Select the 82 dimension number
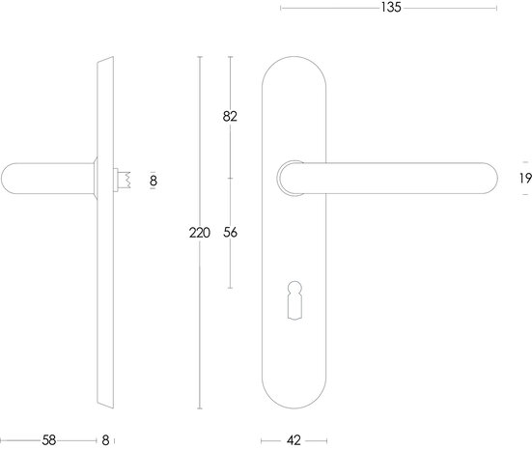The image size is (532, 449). coord(230,117)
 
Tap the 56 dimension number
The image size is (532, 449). coord(230,233)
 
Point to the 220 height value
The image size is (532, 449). coord(199,233)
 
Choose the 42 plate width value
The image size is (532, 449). coord(294,440)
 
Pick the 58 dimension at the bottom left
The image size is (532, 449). coord(49,440)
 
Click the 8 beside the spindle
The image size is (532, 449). coord(153,179)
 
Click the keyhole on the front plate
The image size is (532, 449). coord(294,299)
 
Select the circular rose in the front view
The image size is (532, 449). coord(287,178)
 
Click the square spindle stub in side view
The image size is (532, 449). coord(123,179)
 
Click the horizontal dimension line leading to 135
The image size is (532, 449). coord(338,8)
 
